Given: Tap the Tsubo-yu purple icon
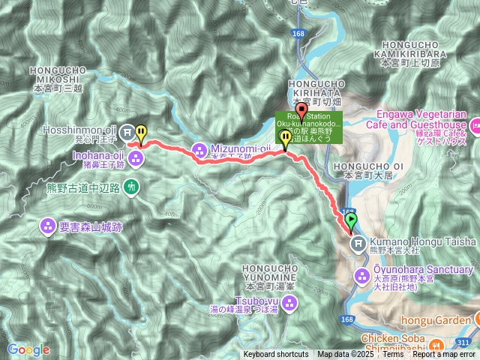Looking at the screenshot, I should pos(290,302).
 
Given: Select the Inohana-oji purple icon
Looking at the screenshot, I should pos(136,157).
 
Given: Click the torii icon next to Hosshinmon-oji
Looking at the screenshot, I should pos(127,129).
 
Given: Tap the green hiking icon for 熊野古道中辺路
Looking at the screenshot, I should pos(132,186).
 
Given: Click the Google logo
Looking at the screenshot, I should pos(28,349).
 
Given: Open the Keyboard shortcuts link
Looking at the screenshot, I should pos(274,355).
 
